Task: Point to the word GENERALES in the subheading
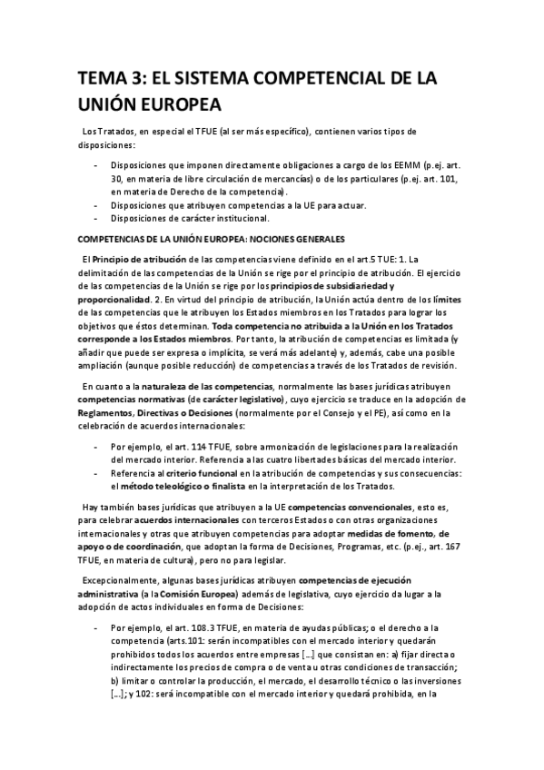pyautogui.click(x=315, y=239)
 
